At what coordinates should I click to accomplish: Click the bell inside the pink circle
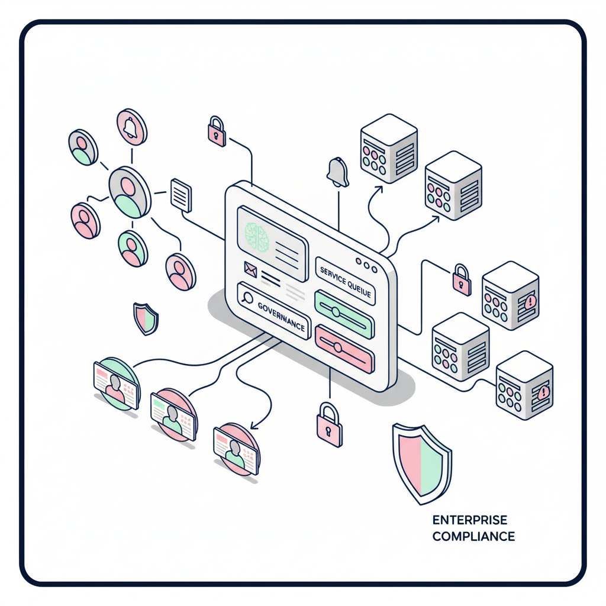click(x=131, y=125)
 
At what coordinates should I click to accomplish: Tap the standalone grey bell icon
click(x=338, y=172)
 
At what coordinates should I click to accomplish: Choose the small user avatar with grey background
click(x=82, y=147)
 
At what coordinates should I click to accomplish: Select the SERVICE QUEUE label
click(x=344, y=278)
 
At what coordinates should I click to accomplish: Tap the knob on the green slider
click(x=335, y=311)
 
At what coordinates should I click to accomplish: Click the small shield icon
click(x=145, y=318)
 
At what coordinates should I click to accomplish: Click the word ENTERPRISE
click(x=470, y=521)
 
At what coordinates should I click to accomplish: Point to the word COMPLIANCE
click(x=473, y=537)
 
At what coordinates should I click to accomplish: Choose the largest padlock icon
click(x=329, y=425)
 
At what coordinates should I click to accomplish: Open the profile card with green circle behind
click(x=116, y=383)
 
